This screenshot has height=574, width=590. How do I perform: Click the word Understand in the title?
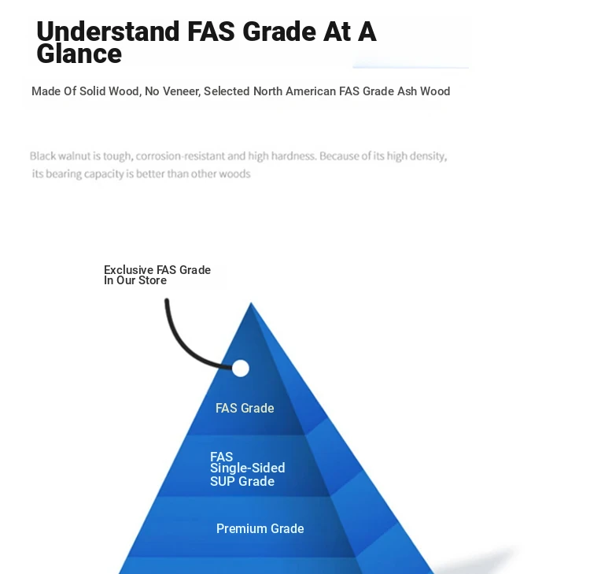coord(108,31)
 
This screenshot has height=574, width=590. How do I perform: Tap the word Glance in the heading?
coord(79,54)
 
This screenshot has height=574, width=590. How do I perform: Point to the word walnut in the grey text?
coord(75,156)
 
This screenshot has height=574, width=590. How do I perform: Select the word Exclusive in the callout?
coord(129,269)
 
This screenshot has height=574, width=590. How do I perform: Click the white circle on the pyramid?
coord(241,368)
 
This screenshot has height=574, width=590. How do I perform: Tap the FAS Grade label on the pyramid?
coord(245,408)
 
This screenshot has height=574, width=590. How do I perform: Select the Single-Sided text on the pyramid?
coord(248,468)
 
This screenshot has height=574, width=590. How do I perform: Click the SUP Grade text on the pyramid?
coord(242,481)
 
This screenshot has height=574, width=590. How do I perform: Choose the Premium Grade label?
coord(260,528)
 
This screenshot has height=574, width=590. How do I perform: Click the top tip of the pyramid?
coord(251,302)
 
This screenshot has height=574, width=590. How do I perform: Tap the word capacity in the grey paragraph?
coord(104,174)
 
